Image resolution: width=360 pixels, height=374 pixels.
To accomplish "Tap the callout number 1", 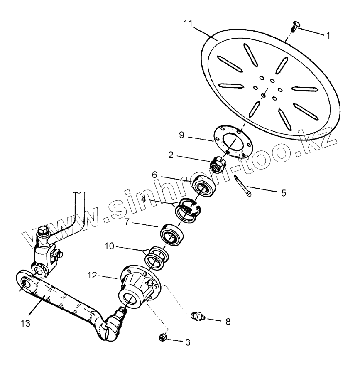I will [x=328, y=36].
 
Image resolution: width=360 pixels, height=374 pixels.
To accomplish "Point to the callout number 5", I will [x=284, y=193].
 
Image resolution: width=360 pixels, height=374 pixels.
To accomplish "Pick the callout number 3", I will [x=188, y=342].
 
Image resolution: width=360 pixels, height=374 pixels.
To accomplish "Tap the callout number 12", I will [x=92, y=275].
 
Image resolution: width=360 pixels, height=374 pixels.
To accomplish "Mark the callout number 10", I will [x=109, y=247].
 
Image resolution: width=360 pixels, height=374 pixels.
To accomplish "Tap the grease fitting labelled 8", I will [x=197, y=317].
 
